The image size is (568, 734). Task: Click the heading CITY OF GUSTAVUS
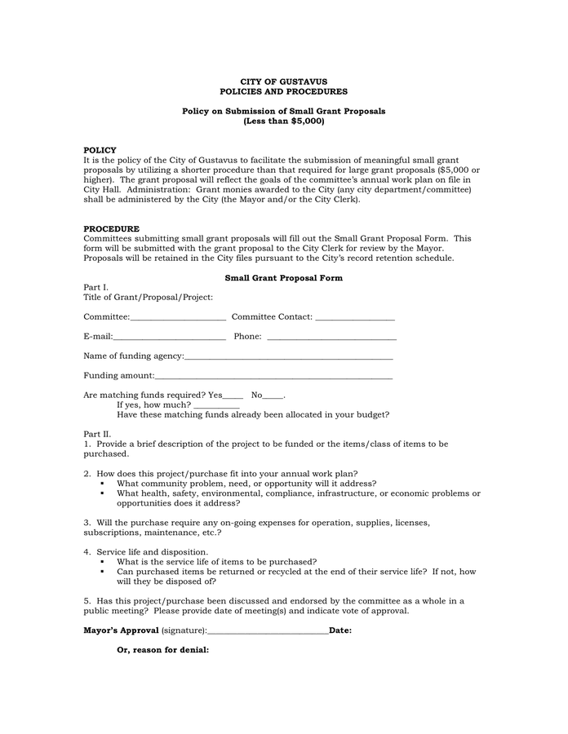pos(283,82)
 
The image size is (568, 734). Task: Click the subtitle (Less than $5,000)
pos(283,122)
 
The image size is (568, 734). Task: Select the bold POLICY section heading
pos(100,150)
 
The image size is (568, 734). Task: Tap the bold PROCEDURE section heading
pos(111,228)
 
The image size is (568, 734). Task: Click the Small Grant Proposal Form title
pos(283,278)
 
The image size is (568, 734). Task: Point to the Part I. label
pos(95,288)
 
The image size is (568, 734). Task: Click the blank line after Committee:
pos(178,317)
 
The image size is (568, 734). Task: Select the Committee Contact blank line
pos(354,317)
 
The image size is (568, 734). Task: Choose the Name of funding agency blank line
pos(288,356)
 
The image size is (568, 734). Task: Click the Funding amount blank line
pos(273,377)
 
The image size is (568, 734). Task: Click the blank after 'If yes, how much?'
pos(216,405)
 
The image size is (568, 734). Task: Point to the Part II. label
pos(97,434)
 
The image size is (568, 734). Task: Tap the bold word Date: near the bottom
pos(340,630)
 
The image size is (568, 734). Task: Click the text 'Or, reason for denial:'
pos(163,650)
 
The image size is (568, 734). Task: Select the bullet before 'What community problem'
pos(103,484)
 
